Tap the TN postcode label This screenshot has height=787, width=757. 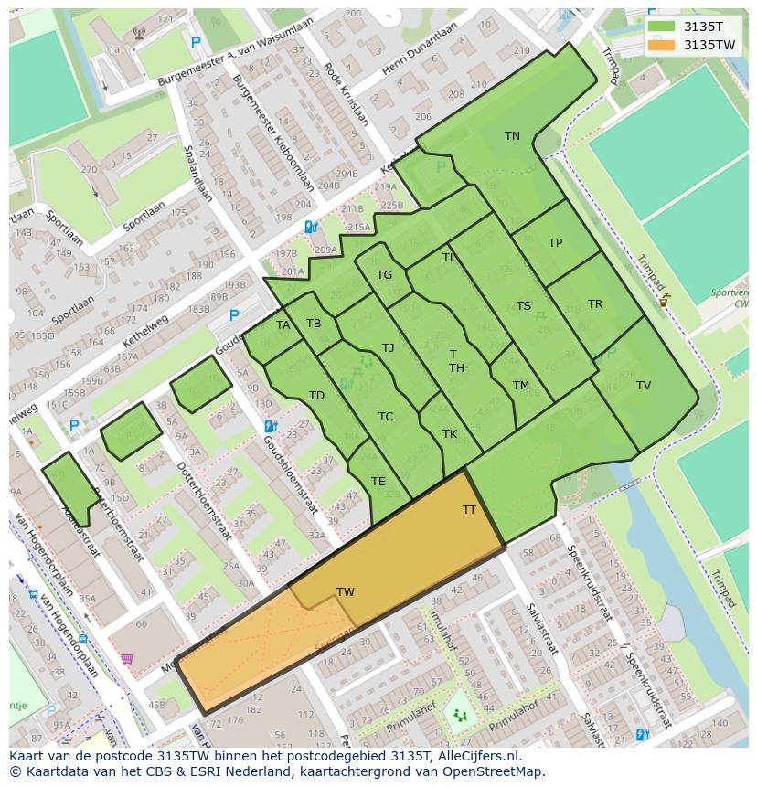[x=512, y=136]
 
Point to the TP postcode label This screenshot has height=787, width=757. [x=555, y=243]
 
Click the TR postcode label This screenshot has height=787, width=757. [x=595, y=304]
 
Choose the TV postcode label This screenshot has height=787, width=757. [x=644, y=386]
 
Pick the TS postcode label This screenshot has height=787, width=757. [x=523, y=306]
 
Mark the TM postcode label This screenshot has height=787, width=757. [x=521, y=386]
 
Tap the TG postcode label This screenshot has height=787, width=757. [x=384, y=275]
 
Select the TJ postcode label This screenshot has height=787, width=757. [x=388, y=347]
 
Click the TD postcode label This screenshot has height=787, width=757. [x=316, y=396]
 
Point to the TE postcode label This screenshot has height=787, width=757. [x=378, y=482]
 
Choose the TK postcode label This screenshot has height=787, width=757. [x=450, y=434]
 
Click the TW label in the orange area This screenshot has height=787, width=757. [x=346, y=592]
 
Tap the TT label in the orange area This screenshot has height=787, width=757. [x=469, y=510]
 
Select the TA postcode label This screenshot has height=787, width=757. [x=283, y=325]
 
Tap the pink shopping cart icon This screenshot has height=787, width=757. [x=127, y=658]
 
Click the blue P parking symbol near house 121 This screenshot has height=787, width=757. [x=196, y=41]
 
